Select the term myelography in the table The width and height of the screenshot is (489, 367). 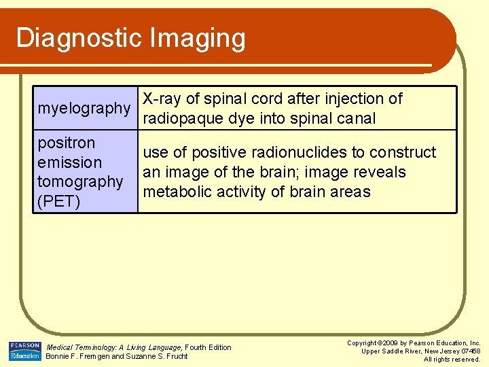[84, 109]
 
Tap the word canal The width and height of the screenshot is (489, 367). [354, 119]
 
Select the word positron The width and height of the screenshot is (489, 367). [67, 143]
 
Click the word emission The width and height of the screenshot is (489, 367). [70, 162]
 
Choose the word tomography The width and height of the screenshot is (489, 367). [80, 182]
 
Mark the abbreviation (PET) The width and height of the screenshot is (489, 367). [59, 202]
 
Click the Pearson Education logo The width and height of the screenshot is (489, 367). [24, 351]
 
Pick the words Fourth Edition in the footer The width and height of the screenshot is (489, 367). [209, 347]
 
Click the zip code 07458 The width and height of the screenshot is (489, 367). [469, 351]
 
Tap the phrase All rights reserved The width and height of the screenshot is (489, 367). [452, 359]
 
